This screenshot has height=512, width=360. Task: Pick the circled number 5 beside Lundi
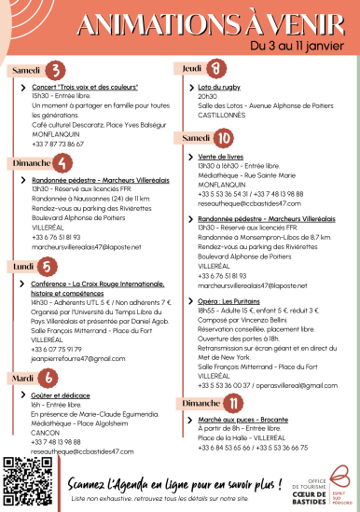[45, 266]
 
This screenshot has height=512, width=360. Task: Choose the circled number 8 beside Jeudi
[216, 69]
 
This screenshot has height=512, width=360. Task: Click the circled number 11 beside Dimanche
[235, 403]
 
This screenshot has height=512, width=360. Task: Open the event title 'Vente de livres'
[221, 156]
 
